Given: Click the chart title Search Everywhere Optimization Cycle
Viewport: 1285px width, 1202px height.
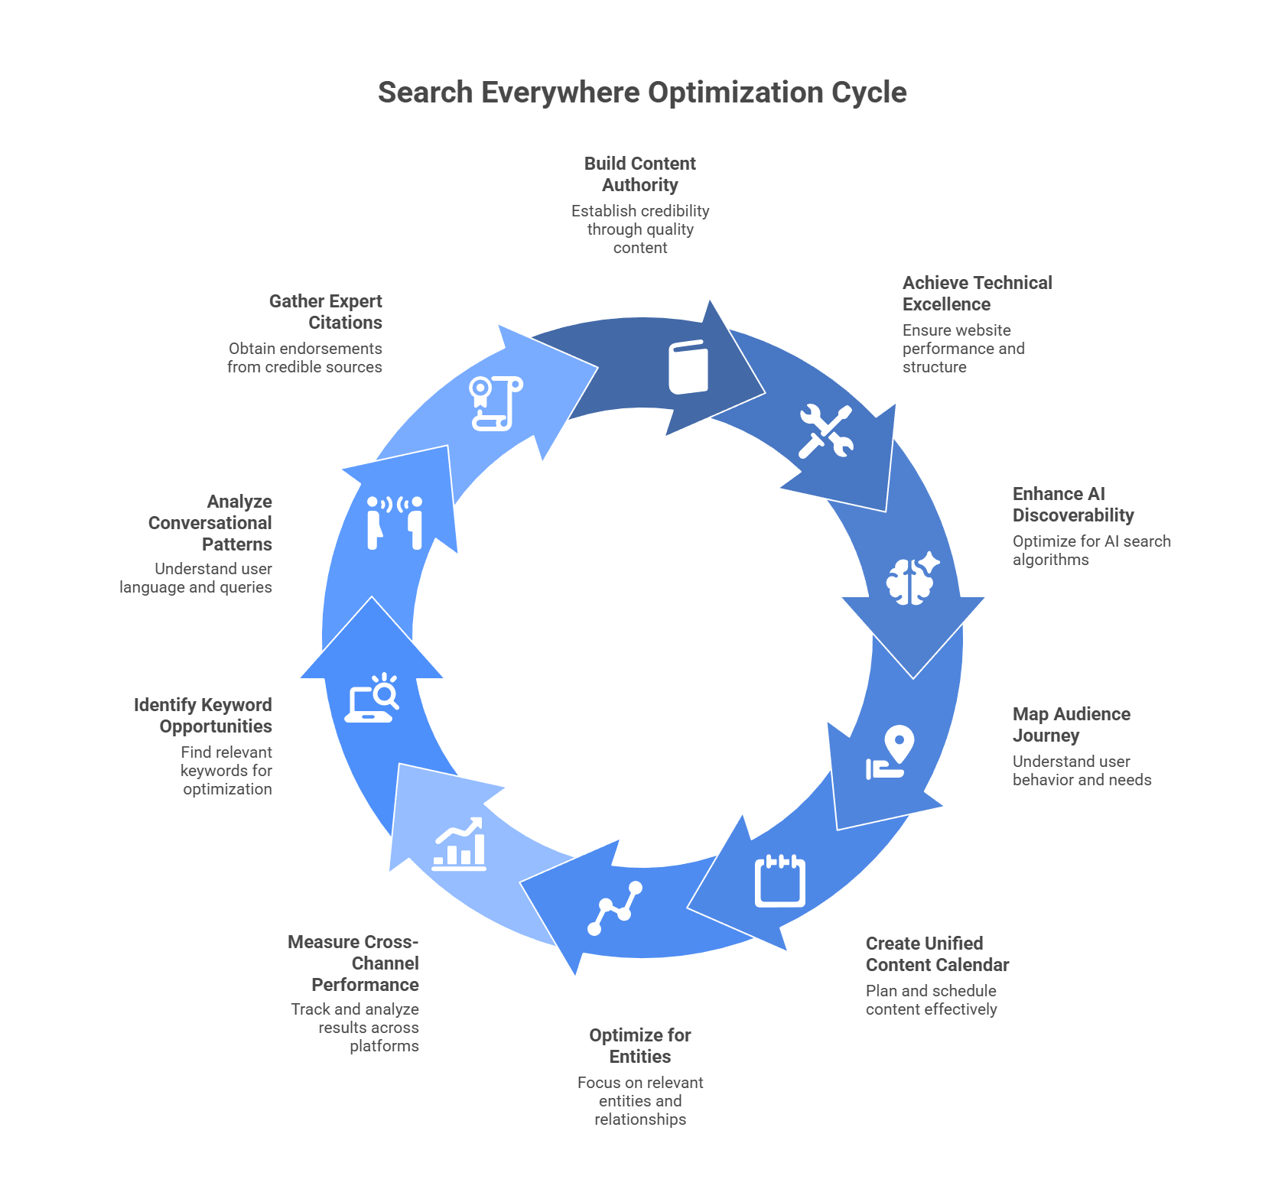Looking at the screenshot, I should click(x=642, y=93).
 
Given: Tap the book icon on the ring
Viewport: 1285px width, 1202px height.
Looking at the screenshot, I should click(x=688, y=367).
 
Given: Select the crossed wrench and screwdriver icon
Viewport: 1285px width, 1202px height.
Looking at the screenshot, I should click(x=825, y=431).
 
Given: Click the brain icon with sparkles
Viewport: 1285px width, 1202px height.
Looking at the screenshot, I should click(x=912, y=578).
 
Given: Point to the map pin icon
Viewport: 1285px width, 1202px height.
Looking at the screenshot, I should click(x=890, y=752).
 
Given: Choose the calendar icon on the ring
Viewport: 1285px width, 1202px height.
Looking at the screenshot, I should click(x=779, y=881).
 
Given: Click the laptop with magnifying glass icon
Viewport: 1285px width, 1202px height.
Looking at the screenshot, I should click(x=372, y=698).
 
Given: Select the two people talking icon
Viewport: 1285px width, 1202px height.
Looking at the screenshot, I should click(x=395, y=523).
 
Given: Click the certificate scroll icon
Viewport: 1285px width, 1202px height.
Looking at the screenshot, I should click(x=496, y=403).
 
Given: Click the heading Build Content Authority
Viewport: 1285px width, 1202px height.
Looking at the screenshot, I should click(x=640, y=174).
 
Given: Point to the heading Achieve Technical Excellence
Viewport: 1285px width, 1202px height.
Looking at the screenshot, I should click(x=977, y=294).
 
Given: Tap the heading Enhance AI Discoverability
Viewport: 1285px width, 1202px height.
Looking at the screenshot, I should click(x=1072, y=505).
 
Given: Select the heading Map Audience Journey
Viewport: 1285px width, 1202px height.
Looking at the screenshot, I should click(x=1071, y=725).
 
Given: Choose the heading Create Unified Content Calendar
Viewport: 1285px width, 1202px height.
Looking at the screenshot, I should click(x=937, y=954).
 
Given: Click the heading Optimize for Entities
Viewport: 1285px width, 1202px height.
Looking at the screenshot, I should click(x=640, y=1046).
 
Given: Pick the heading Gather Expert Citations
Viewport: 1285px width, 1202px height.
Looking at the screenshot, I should click(x=326, y=312).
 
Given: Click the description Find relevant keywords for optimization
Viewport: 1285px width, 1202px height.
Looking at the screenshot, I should click(x=226, y=771).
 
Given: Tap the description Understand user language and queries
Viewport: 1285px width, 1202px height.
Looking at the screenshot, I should click(x=196, y=578).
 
